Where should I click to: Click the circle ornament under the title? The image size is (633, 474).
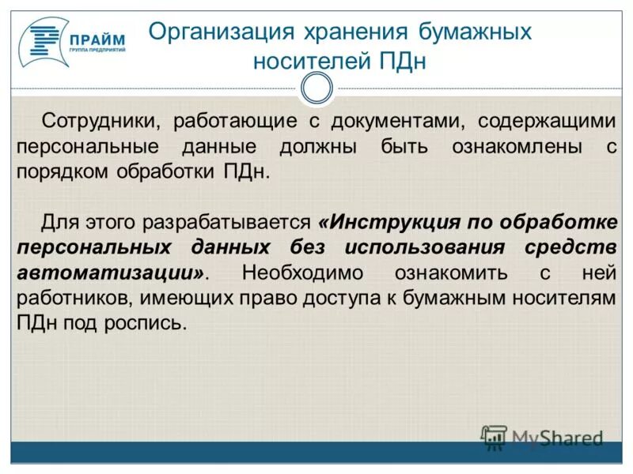[x=316, y=88]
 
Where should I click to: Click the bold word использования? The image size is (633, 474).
[x=425, y=246]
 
